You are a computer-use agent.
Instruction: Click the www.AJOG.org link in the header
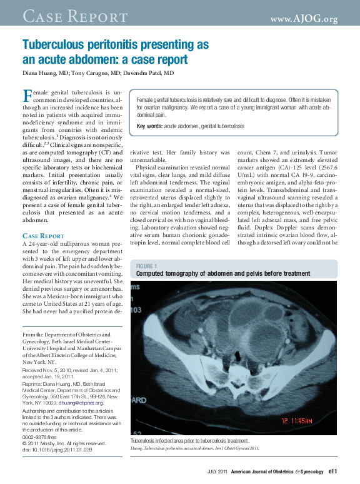304,19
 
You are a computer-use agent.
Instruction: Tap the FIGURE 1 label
147,266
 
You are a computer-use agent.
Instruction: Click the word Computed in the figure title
152,274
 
